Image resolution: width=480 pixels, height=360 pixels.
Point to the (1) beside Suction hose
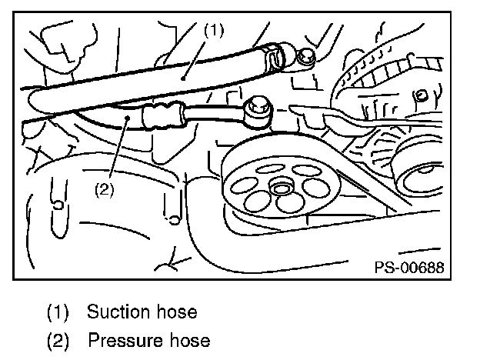(58, 312)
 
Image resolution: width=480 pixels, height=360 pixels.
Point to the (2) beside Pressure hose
(58, 339)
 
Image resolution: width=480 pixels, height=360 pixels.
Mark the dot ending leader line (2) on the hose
(127, 116)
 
